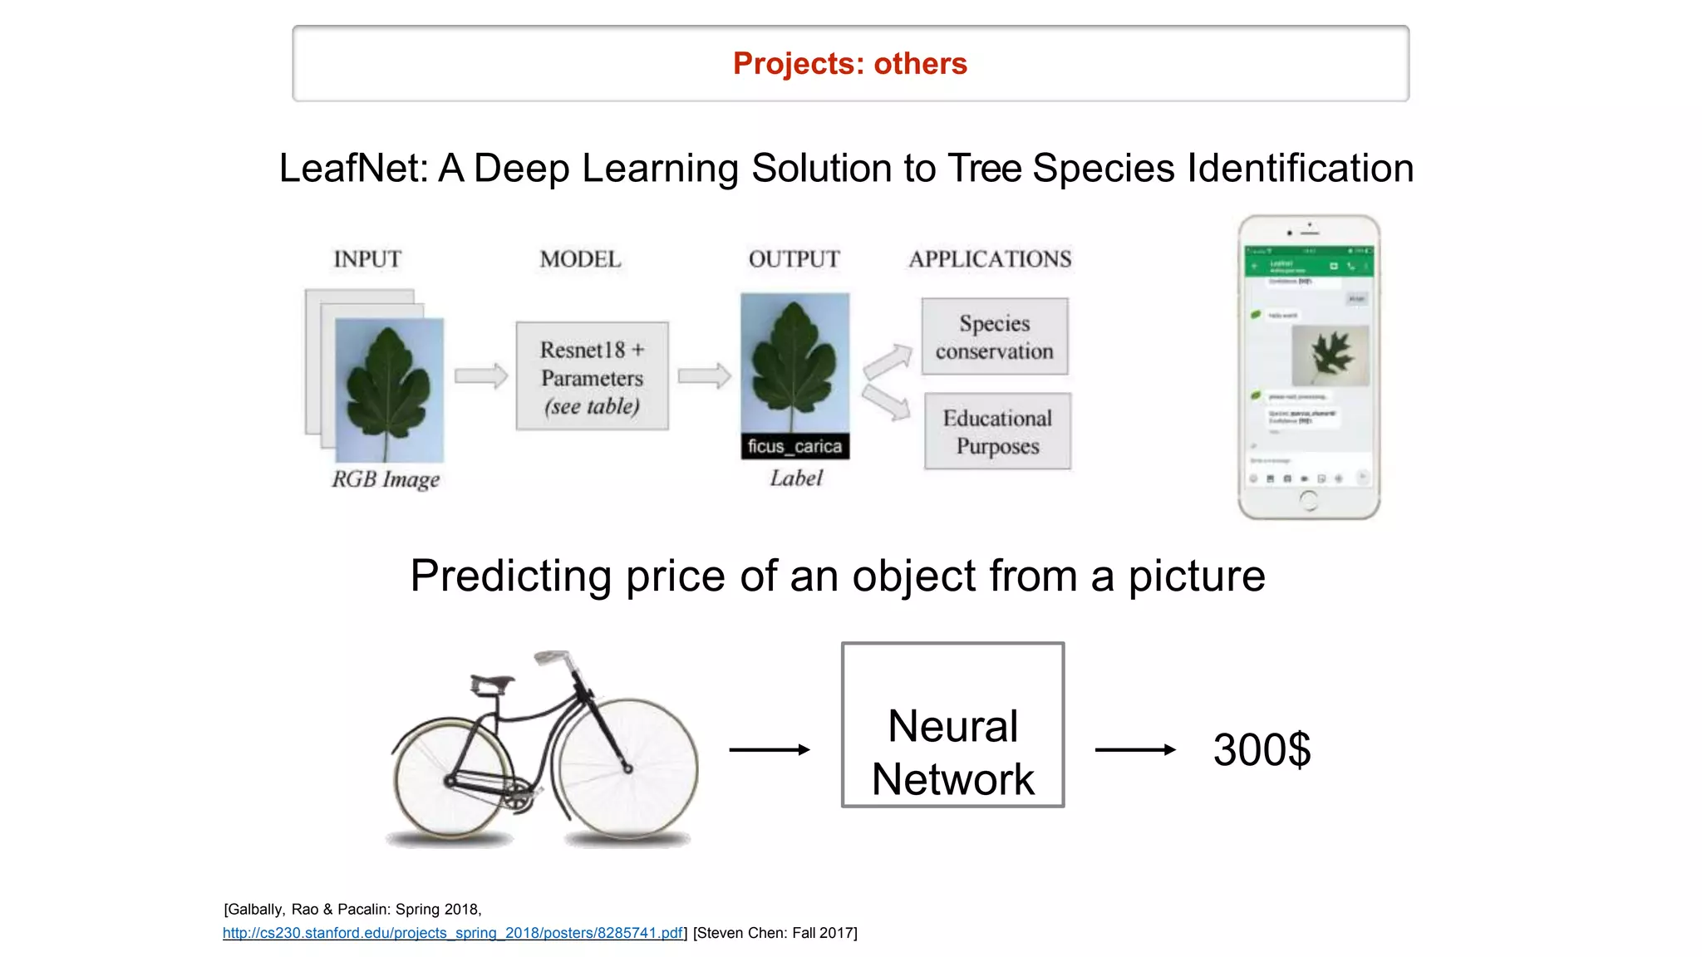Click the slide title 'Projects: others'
pyautogui.click(x=849, y=64)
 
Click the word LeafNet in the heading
pyautogui.click(x=353, y=169)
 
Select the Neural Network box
pyautogui.click(x=952, y=724)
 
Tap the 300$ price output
pyautogui.click(x=1261, y=749)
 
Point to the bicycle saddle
pyautogui.click(x=492, y=683)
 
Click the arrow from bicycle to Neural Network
pyautogui.click(x=769, y=749)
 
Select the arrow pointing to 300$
pyautogui.click(x=1134, y=749)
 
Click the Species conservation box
pyautogui.click(x=994, y=336)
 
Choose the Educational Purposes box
pyautogui.click(x=997, y=431)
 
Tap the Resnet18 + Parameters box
pyautogui.click(x=592, y=376)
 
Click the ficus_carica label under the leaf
pyautogui.click(x=794, y=446)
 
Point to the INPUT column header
pyautogui.click(x=367, y=259)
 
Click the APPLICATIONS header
pyautogui.click(x=990, y=259)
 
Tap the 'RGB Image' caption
pyautogui.click(x=386, y=479)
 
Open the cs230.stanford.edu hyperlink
pyautogui.click(x=453, y=933)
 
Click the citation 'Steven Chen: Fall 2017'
pyautogui.click(x=775, y=933)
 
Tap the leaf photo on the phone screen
pyautogui.click(x=1330, y=355)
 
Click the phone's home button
pyautogui.click(x=1308, y=500)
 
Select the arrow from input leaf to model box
pyautogui.click(x=481, y=375)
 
